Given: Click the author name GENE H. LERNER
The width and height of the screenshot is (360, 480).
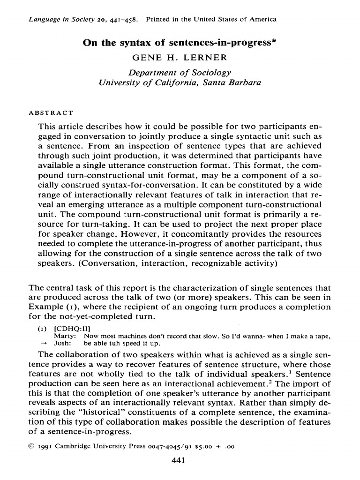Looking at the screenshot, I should (180, 58).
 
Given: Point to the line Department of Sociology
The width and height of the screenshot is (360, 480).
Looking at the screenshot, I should (180, 73).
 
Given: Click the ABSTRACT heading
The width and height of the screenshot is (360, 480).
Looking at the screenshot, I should (51, 113).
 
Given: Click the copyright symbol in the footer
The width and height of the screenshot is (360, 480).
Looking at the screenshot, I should (31, 446).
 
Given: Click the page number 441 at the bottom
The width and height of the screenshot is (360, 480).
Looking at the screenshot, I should (180, 460).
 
